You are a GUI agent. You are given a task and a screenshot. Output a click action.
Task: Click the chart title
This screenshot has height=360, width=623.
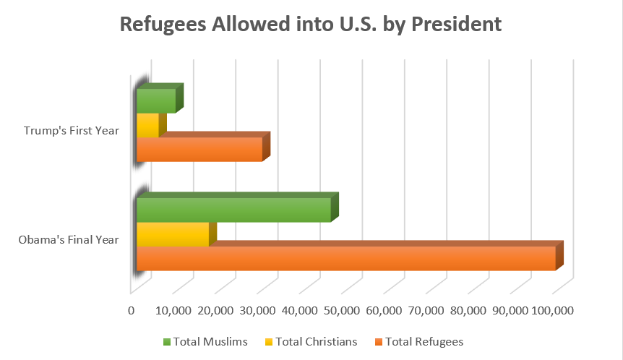311,24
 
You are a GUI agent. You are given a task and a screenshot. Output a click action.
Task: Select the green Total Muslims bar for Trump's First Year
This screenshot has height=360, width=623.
156,101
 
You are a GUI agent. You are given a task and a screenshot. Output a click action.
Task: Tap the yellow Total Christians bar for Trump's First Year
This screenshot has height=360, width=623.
147,125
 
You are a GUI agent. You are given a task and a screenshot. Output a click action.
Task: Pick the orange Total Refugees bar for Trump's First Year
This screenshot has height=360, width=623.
199,149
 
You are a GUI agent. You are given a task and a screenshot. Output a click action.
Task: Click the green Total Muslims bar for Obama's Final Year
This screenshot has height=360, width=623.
233,210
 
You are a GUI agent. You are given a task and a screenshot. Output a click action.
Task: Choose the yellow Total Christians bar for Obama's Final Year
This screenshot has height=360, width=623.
173,234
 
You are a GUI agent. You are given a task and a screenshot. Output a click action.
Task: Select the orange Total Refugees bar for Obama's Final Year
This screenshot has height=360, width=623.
345,258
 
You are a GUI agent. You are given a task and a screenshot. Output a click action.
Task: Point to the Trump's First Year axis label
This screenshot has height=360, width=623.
71,131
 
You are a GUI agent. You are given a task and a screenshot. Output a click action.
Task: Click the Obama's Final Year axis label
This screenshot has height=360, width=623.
69,240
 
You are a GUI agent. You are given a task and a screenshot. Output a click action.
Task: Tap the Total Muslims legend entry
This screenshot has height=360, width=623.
210,342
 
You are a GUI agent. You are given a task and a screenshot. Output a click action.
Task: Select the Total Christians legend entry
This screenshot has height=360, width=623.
317,342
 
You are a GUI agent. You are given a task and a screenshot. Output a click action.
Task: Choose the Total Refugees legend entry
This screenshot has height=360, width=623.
424,342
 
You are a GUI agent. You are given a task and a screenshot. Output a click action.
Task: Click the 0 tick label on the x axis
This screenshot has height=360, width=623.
132,310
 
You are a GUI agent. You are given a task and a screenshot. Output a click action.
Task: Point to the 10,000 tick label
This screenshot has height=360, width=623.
172,310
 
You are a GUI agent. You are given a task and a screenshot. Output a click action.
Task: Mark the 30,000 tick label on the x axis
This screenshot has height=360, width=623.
257,310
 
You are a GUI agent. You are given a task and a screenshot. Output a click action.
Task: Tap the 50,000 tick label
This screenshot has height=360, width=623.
341,310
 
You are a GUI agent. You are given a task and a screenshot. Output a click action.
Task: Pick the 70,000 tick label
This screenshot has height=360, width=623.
426,310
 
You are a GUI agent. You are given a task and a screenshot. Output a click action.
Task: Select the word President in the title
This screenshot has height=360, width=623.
453,24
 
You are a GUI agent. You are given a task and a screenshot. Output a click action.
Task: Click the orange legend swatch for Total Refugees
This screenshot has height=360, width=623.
377,342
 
